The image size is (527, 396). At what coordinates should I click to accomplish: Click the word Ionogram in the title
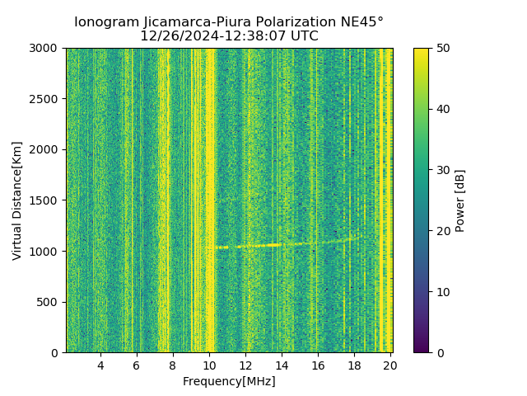(105, 22)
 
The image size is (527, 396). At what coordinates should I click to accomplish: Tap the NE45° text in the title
(360, 22)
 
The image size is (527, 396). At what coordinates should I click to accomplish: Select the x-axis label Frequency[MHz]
(229, 381)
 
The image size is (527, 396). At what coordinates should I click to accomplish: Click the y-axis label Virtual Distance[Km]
(17, 200)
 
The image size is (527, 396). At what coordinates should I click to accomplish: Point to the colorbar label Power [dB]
(460, 200)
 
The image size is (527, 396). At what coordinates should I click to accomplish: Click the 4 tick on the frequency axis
(100, 365)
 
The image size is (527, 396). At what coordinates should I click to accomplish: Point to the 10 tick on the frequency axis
(209, 365)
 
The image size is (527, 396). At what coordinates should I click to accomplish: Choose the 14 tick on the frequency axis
(282, 365)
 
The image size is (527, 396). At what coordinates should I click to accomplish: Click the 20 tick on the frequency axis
(389, 365)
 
